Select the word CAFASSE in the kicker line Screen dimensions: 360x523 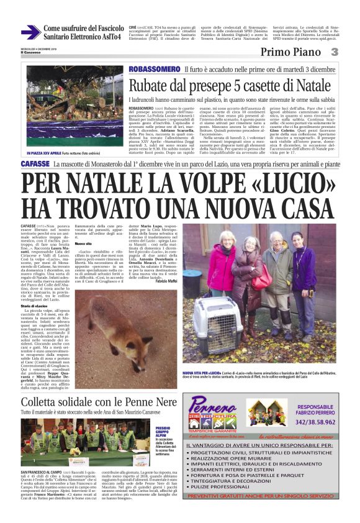[35, 165]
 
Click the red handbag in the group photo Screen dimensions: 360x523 [262, 280]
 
